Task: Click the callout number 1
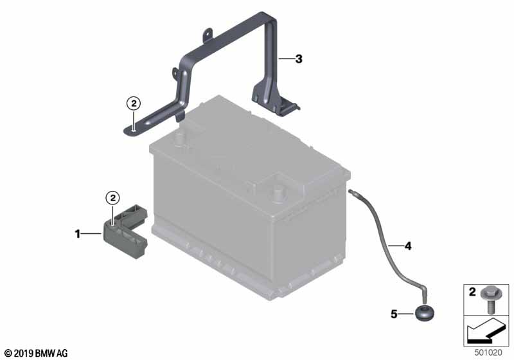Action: (x=77, y=234)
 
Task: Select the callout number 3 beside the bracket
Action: (x=299, y=59)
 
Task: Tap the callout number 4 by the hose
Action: (x=408, y=246)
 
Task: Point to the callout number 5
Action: (x=394, y=314)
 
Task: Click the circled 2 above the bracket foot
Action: (x=134, y=104)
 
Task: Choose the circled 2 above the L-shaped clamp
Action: (x=113, y=198)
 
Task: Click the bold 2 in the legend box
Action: (x=472, y=292)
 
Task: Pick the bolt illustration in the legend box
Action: (x=490, y=300)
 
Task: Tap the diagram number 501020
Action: (x=488, y=353)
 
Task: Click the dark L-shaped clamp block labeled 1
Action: (x=125, y=231)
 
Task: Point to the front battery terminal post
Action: (x=278, y=194)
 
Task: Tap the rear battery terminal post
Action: (x=179, y=139)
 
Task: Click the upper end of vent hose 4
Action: (x=350, y=191)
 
